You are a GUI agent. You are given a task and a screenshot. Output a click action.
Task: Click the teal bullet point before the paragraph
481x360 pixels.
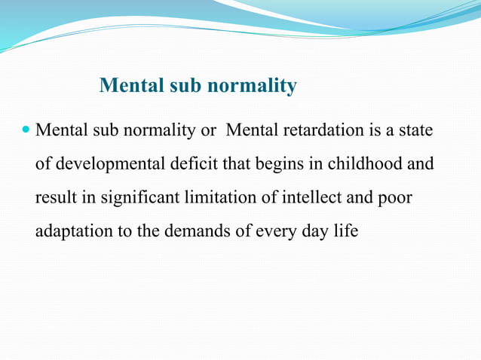click(x=26, y=130)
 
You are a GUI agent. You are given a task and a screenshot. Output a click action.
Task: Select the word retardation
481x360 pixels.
click(x=323, y=130)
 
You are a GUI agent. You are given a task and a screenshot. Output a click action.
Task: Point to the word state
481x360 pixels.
click(x=415, y=130)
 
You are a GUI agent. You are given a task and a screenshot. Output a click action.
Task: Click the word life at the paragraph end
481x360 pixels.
click(x=345, y=230)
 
